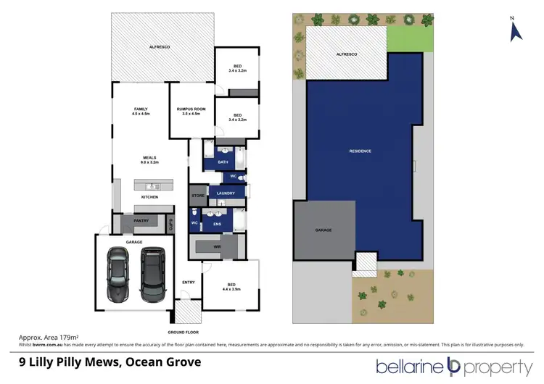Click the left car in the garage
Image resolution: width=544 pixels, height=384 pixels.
[x=118, y=275]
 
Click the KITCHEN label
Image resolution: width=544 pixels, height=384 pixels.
[x=149, y=196]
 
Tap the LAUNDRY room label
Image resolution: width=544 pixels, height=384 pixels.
[x=226, y=194]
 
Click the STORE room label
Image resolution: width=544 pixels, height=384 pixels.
[x=198, y=196]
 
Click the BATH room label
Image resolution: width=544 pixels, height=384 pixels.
[x=223, y=162]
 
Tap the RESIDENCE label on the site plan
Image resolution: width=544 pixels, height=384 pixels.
[x=360, y=151]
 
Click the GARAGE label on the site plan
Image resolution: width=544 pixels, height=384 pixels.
[x=323, y=230]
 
